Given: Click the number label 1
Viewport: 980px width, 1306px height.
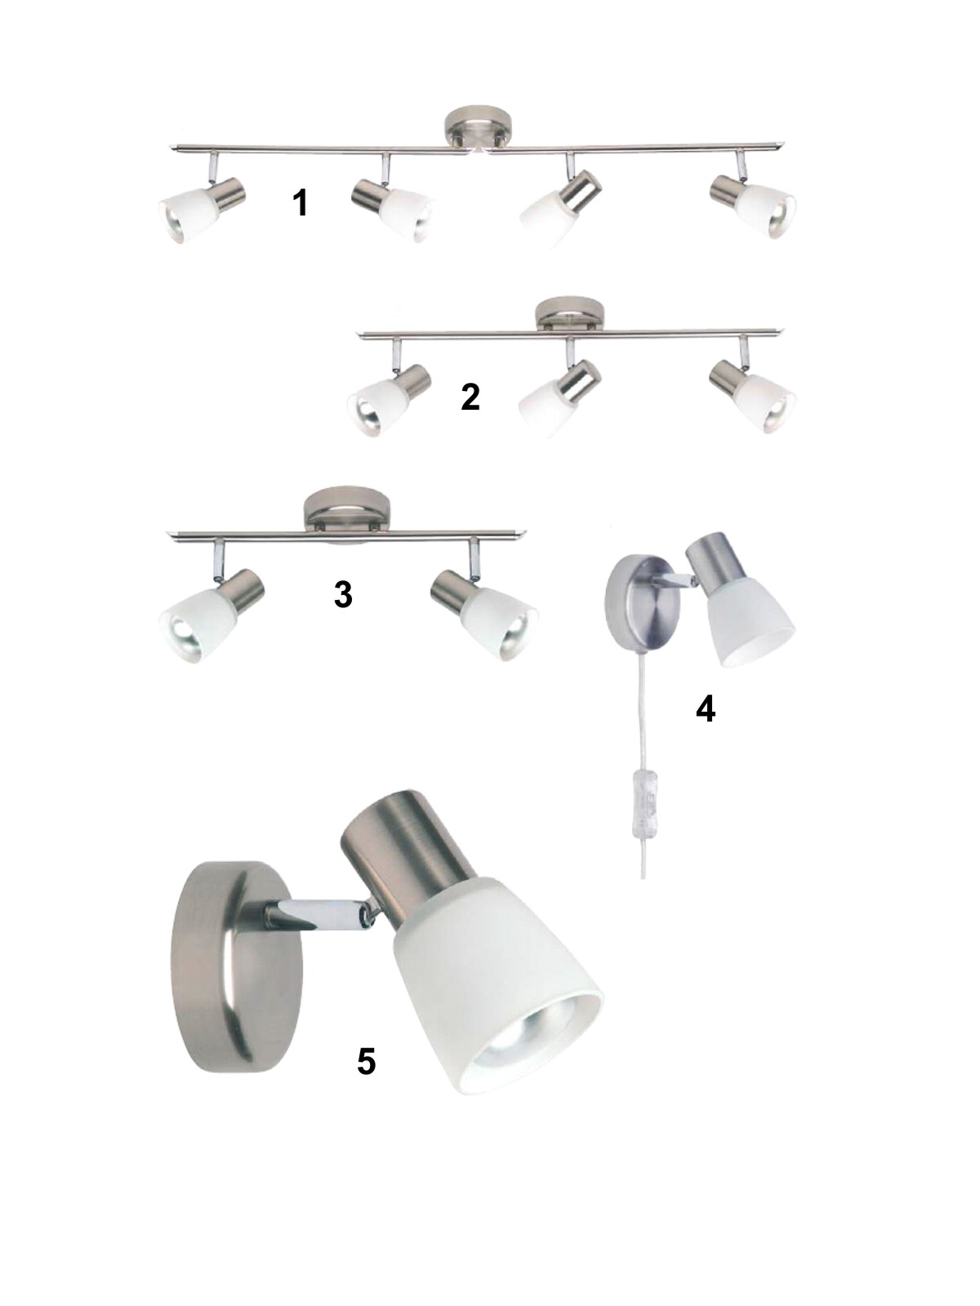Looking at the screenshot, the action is (301, 202).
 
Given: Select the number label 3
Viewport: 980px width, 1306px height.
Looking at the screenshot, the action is (343, 594).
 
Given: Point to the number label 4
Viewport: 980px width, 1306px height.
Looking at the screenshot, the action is (705, 709).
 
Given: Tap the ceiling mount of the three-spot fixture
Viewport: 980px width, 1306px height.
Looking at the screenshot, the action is (569, 313).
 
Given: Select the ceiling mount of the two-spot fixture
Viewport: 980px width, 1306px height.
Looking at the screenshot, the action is (348, 511).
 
